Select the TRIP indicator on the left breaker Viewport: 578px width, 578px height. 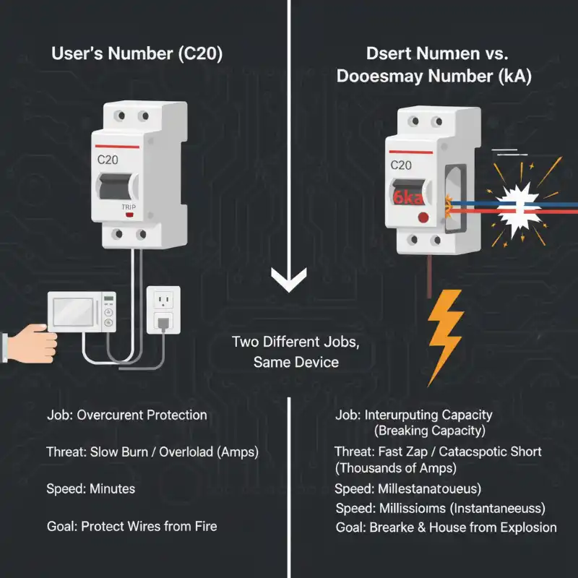click(129, 205)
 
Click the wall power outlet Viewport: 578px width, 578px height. click(163, 309)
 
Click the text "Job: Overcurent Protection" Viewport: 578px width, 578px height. click(126, 415)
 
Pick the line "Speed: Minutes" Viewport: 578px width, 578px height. click(90, 489)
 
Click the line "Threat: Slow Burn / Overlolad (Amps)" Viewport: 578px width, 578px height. click(152, 452)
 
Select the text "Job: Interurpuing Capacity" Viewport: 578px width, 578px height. click(414, 415)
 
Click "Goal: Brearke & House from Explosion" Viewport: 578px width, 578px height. click(446, 527)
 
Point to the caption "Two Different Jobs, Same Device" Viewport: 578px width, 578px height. click(296, 351)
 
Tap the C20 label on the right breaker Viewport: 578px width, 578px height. click(401, 165)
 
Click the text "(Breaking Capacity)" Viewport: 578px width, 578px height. click(430, 431)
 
